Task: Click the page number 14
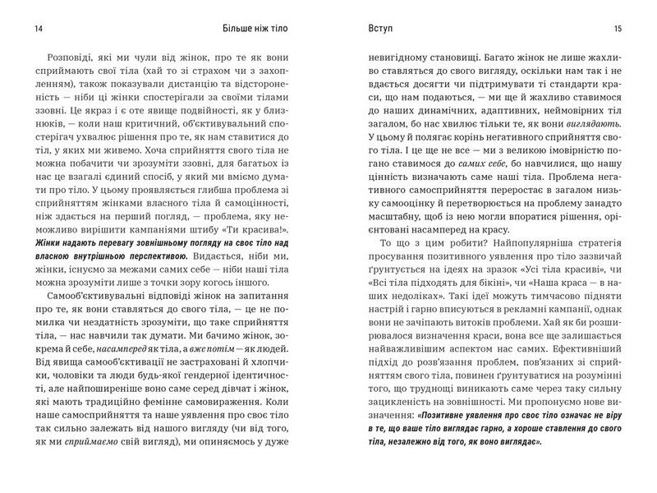click(x=39, y=31)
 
